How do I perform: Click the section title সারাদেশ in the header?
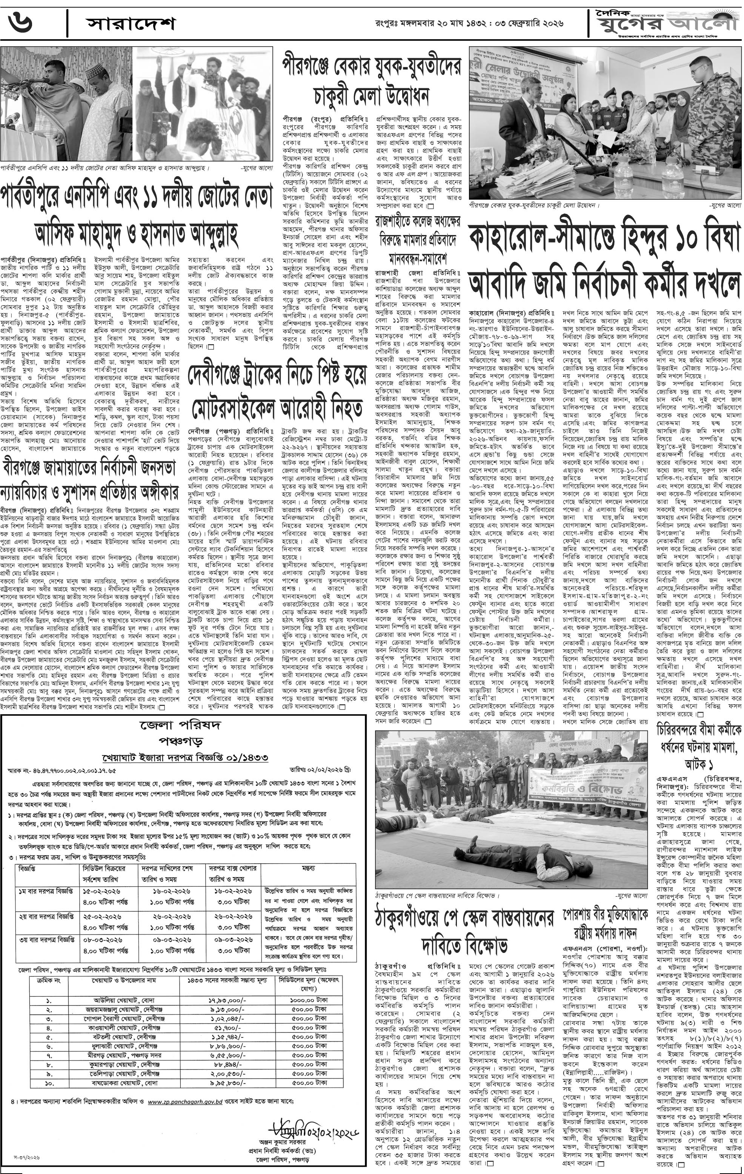[x=130, y=23]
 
